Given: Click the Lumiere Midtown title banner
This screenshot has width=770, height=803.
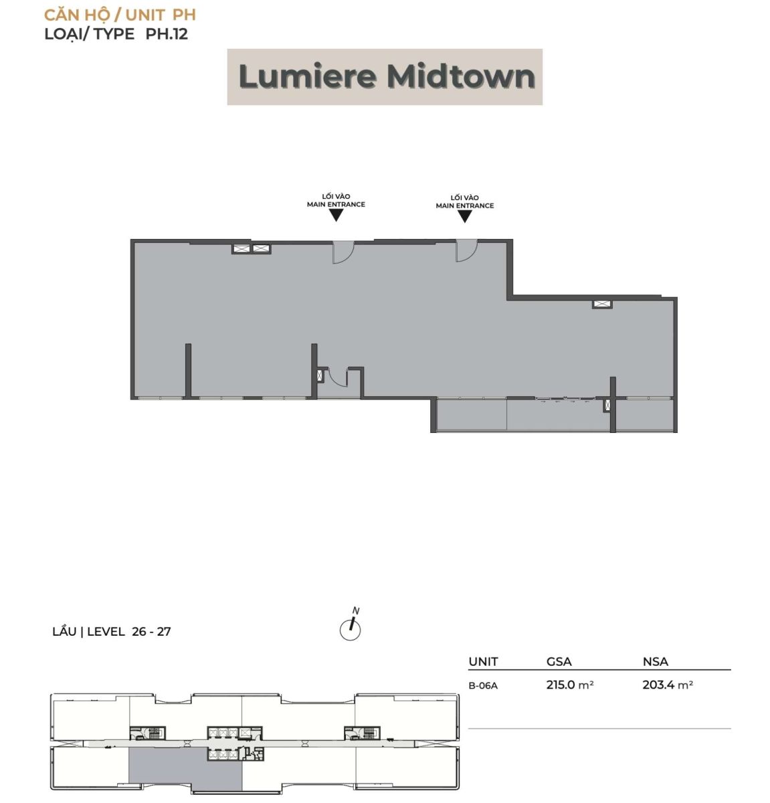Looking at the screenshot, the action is pos(385,77).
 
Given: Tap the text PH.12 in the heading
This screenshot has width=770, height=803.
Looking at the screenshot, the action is pos(167,34).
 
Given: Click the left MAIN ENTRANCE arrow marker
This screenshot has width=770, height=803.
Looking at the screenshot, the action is pos(336,215).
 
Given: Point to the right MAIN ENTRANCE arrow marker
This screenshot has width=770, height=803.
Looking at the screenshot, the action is pos(465,216).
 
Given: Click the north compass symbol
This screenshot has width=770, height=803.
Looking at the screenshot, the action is pos(350,630).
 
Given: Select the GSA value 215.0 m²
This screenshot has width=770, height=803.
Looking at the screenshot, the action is pos(569,685).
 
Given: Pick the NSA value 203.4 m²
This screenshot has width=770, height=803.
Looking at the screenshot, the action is pos(667,685).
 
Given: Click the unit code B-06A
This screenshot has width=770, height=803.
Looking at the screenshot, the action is pos(483,686).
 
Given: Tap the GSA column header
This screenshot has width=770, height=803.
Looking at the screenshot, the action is pos(559,662).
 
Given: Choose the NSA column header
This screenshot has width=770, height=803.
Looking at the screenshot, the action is pos(656,662).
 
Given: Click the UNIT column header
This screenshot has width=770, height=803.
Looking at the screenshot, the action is pos(484,662).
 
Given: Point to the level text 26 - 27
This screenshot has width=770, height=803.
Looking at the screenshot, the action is pos(151,632).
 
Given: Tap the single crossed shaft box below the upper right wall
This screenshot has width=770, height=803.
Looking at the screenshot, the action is pos(602,304).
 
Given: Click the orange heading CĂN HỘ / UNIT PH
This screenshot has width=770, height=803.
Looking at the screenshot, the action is pos(120,15).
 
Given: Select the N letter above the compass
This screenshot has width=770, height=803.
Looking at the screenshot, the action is pos(355,611).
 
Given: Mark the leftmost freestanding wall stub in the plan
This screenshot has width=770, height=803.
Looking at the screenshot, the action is pos(188,370).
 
